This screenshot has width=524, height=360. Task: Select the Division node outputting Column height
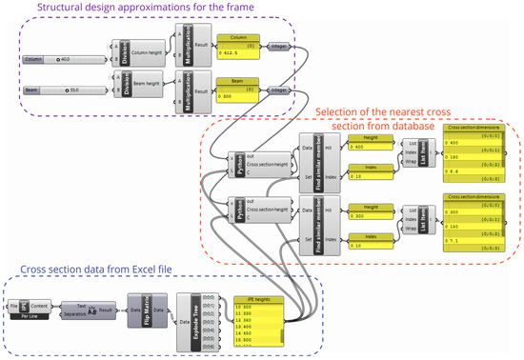[x=121, y=52]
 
